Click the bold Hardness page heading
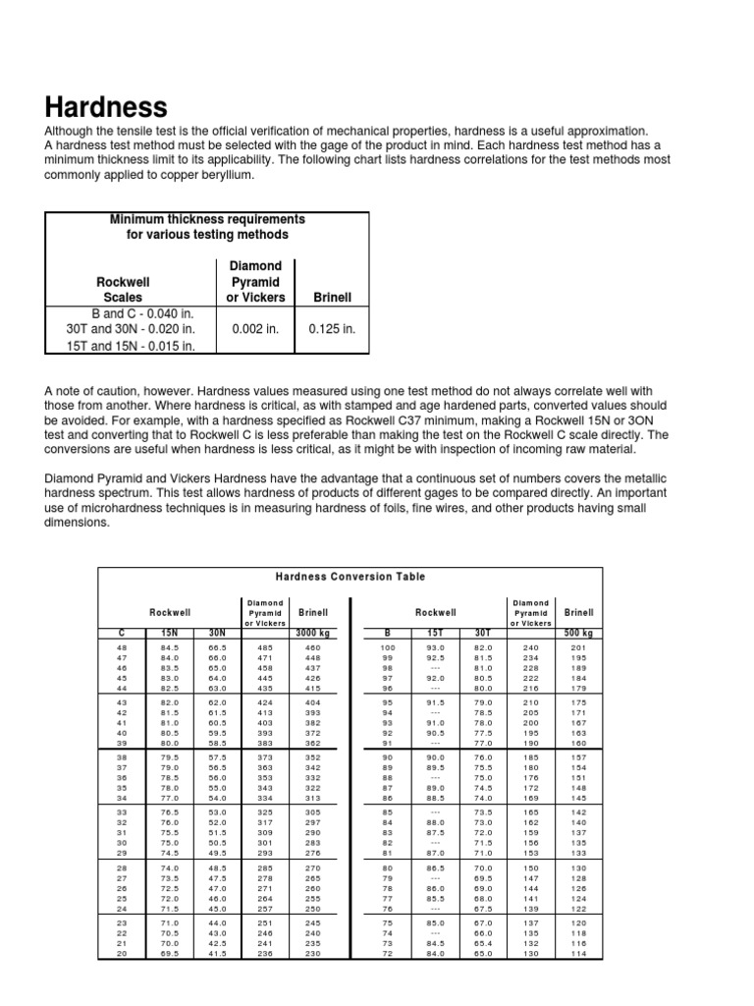point(106,106)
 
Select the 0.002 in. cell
point(255,329)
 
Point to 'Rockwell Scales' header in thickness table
point(123,289)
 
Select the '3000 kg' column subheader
point(311,633)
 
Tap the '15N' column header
point(169,633)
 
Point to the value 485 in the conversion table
point(266,648)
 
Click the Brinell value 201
point(578,648)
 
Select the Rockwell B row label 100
point(387,648)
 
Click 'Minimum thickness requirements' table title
point(207,219)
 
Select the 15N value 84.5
point(169,648)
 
